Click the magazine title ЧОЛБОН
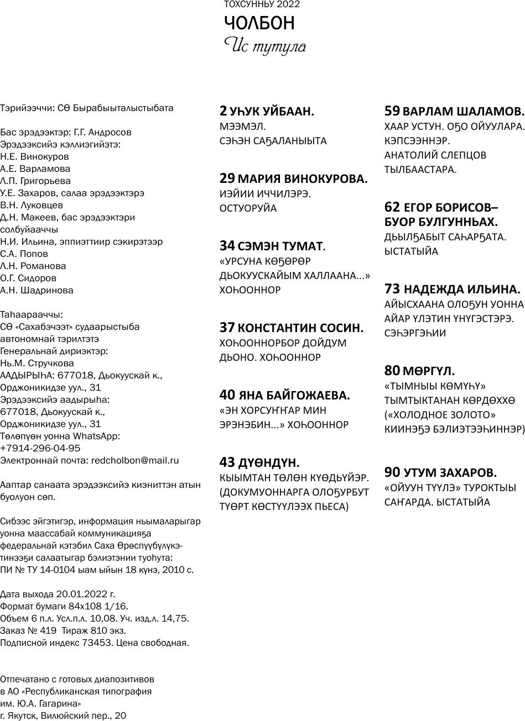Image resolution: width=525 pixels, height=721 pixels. tap(259, 23)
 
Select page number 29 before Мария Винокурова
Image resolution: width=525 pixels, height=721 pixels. tap(227, 178)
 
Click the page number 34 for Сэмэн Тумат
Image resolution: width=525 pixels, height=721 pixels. tap(227, 246)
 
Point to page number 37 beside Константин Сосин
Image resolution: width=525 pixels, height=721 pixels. tap(227, 328)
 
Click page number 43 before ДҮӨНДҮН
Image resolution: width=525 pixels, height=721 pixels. tap(227, 462)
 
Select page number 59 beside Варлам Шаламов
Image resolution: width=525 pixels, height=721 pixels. tap(392, 110)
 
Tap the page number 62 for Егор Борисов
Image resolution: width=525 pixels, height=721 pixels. tap(392, 207)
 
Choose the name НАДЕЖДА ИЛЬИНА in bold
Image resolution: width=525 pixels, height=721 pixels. tap(462, 289)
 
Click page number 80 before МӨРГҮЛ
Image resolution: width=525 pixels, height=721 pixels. tap(392, 370)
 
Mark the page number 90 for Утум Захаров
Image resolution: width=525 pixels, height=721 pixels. tap(392, 472)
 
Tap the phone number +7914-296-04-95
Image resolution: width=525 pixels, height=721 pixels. tap(40, 448)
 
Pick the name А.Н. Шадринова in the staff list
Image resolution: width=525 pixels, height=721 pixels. tap(37, 290)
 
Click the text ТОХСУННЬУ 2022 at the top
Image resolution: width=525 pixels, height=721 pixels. tap(262, 4)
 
